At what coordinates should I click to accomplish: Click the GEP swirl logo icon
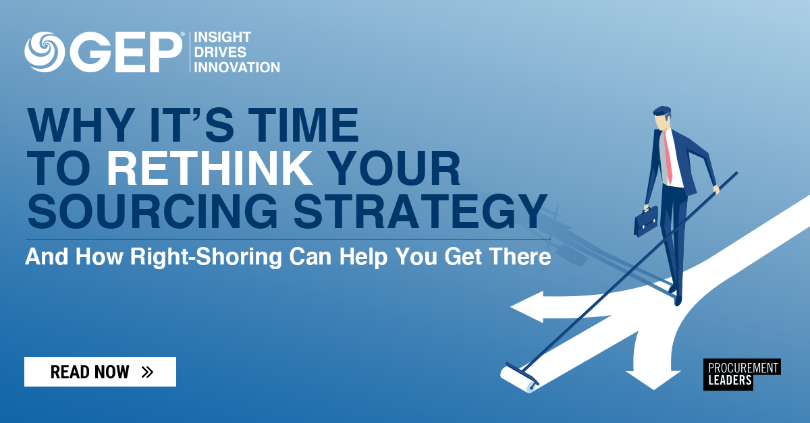(44, 52)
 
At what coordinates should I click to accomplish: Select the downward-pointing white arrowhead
(651, 378)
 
